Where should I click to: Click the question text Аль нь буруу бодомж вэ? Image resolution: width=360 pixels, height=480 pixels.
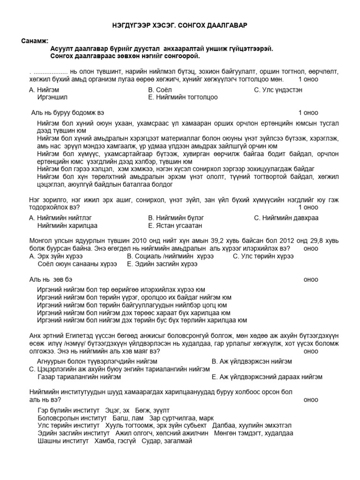click(x=67, y=113)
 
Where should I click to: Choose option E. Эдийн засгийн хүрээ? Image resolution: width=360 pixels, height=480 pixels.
click(x=162, y=264)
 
